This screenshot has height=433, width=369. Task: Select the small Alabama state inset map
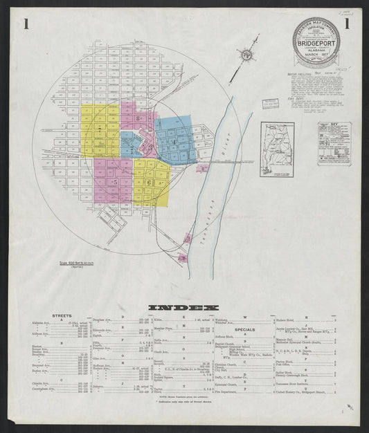277,149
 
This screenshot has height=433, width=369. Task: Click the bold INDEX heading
184,307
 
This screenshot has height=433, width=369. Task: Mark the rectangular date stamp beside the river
270,104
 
